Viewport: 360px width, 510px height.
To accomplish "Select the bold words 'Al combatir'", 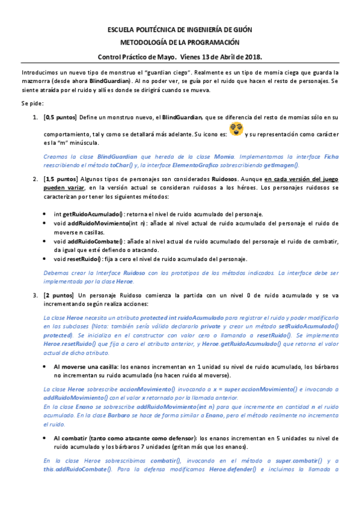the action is click(x=70, y=437).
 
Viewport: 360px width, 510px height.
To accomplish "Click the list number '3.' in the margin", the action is click(x=35, y=295).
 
